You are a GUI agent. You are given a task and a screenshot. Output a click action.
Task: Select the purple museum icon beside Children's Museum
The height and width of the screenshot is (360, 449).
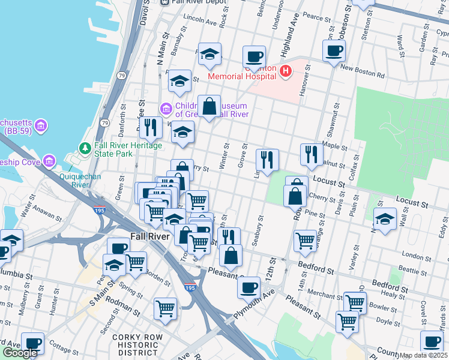click(166, 109)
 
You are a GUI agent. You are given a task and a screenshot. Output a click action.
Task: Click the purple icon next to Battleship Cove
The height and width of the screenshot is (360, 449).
click(49, 161)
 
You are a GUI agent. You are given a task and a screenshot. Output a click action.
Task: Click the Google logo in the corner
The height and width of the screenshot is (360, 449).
click(20, 353)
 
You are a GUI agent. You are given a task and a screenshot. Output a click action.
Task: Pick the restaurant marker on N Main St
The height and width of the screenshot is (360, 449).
click(150, 127)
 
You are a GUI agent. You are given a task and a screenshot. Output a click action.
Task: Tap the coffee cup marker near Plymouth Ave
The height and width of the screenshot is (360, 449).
click(249, 287)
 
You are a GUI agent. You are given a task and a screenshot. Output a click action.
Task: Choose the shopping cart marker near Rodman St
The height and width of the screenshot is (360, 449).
click(166, 309)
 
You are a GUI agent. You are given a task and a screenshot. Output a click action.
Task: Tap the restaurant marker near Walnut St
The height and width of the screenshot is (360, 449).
click(310, 155)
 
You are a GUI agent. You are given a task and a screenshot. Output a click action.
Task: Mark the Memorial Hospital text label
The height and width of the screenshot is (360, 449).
click(243, 76)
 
